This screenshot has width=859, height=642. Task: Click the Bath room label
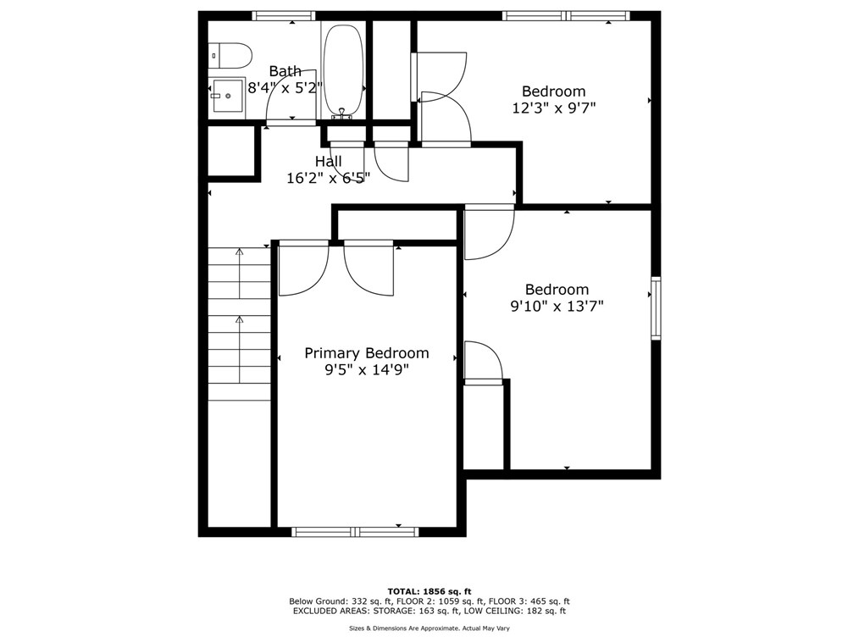(x=285, y=71)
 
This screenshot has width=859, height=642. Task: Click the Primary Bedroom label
(x=367, y=353)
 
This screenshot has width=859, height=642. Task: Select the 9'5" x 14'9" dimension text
(x=367, y=369)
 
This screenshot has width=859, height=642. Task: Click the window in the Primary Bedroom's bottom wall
(x=355, y=532)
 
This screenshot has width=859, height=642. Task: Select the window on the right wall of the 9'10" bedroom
(x=656, y=308)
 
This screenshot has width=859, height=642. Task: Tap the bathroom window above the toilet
(x=284, y=15)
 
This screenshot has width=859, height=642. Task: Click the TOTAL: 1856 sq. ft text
(x=429, y=591)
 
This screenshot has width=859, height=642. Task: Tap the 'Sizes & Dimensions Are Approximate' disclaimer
(x=429, y=628)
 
